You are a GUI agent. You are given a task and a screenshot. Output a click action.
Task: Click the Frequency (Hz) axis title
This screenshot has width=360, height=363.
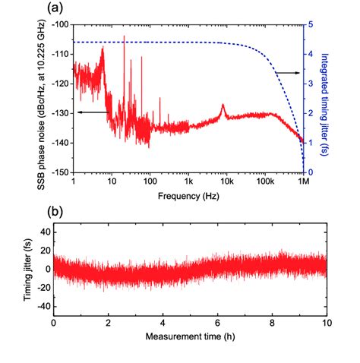[188, 194]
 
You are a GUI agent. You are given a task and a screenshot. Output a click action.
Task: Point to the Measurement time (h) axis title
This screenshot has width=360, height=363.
[188, 336]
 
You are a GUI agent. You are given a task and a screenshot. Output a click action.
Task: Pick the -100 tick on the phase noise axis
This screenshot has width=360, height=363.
[59, 24]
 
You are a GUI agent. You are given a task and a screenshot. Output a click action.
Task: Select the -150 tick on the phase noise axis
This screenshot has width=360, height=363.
[59, 172]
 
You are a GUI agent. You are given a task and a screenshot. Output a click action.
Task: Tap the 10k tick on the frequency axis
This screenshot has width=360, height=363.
[226, 182]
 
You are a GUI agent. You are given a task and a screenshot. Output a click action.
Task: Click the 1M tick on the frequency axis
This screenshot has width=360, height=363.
[303, 182]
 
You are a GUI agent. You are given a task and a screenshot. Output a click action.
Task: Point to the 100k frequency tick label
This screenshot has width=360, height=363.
[264, 182]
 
